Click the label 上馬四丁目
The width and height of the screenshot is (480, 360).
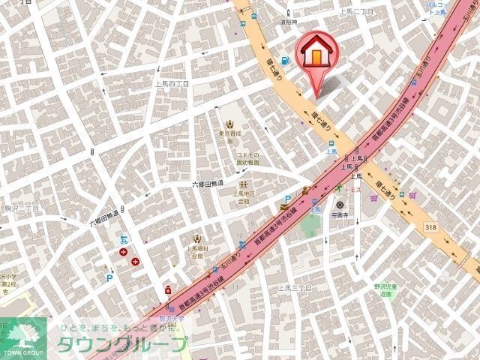pyautogui.click(x=172, y=84)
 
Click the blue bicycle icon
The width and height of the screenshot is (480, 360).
pyautogui.click(x=124, y=241)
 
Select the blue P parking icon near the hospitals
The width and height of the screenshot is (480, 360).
pyautogui.click(x=110, y=277)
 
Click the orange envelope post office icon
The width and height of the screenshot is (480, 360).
pyautogui.click(x=285, y=207)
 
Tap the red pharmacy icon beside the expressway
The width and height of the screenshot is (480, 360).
pyautogui.click(x=167, y=291)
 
